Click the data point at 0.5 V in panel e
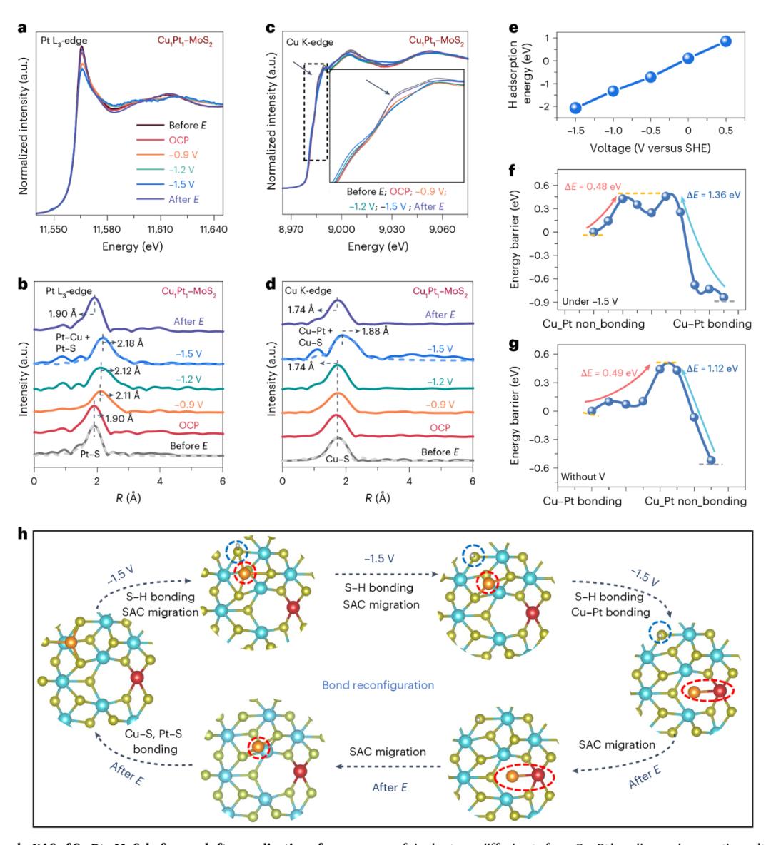click(x=725, y=41)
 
